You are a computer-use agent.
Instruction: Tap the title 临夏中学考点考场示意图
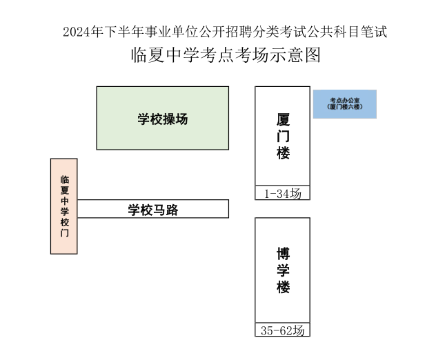[x=226, y=54]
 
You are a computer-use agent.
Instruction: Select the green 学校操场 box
[x=163, y=118]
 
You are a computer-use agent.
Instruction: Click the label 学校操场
[x=163, y=119]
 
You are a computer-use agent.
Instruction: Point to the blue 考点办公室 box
[x=345, y=104]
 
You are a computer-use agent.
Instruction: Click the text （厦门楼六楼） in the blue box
[x=345, y=107]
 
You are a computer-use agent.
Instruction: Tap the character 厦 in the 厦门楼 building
[x=283, y=120]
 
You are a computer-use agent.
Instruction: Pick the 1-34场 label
[x=283, y=194]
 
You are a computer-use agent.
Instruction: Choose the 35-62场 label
[x=283, y=330]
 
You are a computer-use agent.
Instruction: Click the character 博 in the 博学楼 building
[x=283, y=254]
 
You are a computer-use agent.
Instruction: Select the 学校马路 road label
[x=153, y=210]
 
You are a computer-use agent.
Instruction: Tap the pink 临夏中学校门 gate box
[x=64, y=206]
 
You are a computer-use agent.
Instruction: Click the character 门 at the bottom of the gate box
[x=64, y=233]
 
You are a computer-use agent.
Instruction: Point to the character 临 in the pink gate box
[x=64, y=179]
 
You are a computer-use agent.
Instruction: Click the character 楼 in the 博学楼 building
[x=283, y=287]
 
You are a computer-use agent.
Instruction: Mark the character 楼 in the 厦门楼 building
[x=283, y=153]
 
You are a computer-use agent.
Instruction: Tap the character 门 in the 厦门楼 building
[x=283, y=136]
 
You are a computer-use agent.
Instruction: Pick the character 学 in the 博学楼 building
[x=283, y=270]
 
